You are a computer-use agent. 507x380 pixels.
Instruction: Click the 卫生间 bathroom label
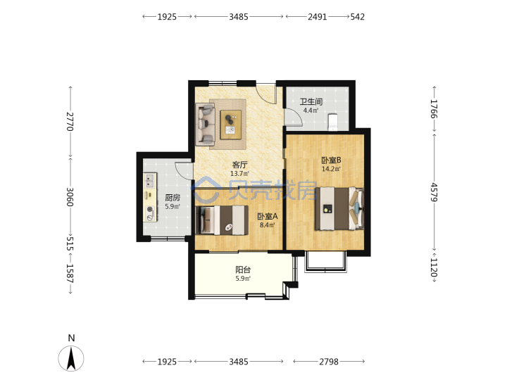pos(311,102)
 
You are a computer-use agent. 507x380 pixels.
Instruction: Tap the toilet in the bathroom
pos(332,122)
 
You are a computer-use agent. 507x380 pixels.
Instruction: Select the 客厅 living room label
pos(239,165)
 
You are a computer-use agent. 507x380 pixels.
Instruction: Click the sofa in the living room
pos(205,124)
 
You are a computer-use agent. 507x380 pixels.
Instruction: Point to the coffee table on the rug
pos(231,125)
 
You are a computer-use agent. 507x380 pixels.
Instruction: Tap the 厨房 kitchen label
pos(173,198)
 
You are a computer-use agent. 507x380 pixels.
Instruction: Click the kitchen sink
pos(150,181)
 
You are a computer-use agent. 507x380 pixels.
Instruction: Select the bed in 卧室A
pos(222,220)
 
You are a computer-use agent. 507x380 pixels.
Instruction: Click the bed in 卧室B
pos(339,208)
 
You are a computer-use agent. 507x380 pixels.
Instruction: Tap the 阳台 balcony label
pos(243,270)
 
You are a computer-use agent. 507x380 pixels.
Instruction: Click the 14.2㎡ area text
pos(331,169)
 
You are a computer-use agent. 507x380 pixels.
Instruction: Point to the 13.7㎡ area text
pos(239,174)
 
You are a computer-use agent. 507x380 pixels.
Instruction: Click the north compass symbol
pos(71,358)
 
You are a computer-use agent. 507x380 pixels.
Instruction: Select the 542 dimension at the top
pos(358,17)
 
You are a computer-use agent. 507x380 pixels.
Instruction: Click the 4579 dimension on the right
pos(434,192)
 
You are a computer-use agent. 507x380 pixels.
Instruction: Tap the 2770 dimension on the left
pos(70,122)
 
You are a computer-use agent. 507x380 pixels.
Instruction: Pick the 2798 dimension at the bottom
pos(329,362)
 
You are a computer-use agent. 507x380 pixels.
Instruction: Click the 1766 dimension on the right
pos(434,109)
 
